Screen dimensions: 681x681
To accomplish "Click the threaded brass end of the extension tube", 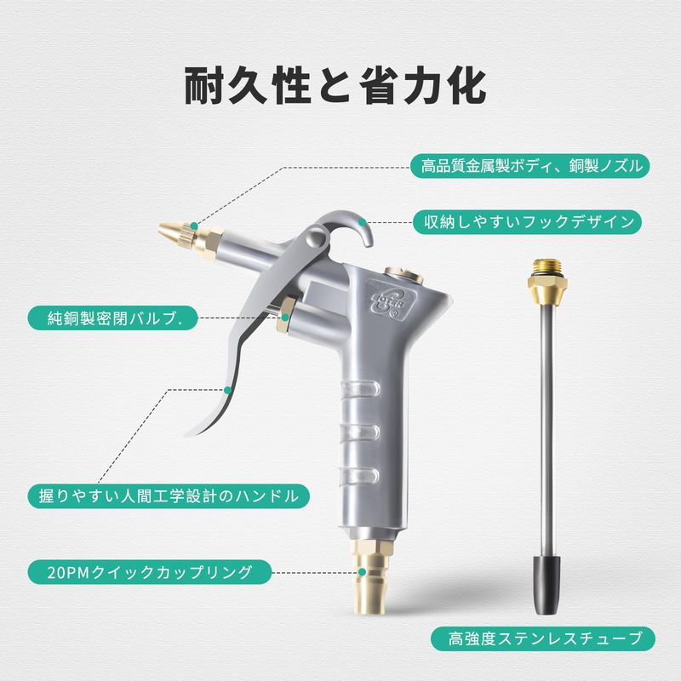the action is coord(547,278).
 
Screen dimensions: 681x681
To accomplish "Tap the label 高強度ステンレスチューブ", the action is coord(543,639).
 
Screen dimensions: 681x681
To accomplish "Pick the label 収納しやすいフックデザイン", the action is coord(528,222).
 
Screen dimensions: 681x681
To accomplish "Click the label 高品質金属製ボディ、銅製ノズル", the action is coord(530,166).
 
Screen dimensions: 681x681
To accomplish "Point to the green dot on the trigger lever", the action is coord(226,390).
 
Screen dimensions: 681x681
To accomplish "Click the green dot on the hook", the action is coord(364,223).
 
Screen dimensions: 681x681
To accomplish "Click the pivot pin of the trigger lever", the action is coord(316,238).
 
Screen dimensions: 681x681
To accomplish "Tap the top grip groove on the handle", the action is coord(359,388).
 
